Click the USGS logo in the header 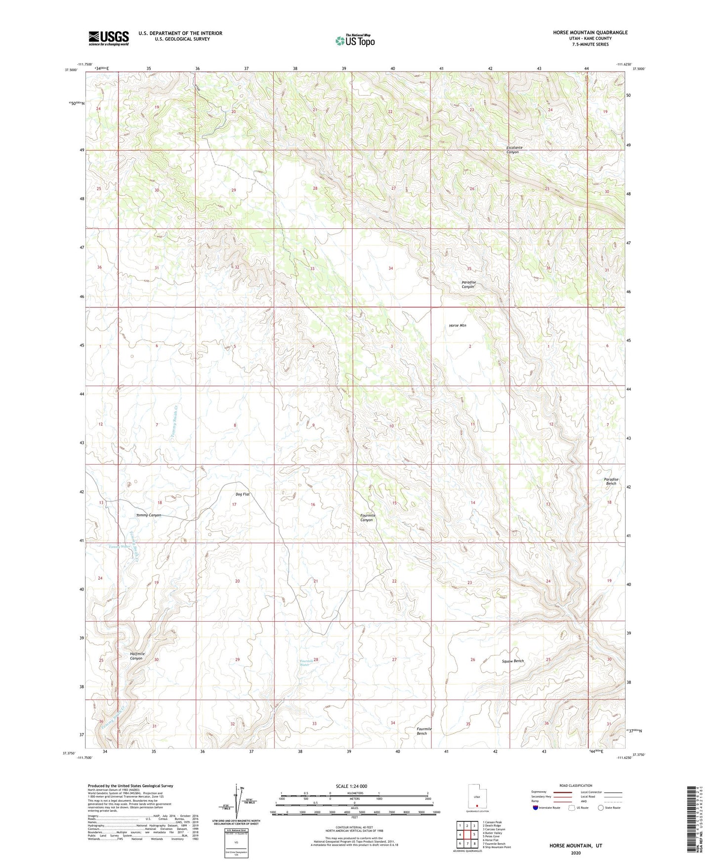pos(109,38)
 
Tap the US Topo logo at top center pos(354,41)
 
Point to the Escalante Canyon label pos(513,150)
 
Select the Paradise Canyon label pos(468,285)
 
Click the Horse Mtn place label pos(458,326)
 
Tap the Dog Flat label pos(242,494)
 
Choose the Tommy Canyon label pos(148,516)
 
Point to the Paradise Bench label pos(611,481)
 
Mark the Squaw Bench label pos(512,661)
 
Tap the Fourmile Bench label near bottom pos(424,731)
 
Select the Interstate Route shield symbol pos(535,808)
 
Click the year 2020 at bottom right pos(575,853)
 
